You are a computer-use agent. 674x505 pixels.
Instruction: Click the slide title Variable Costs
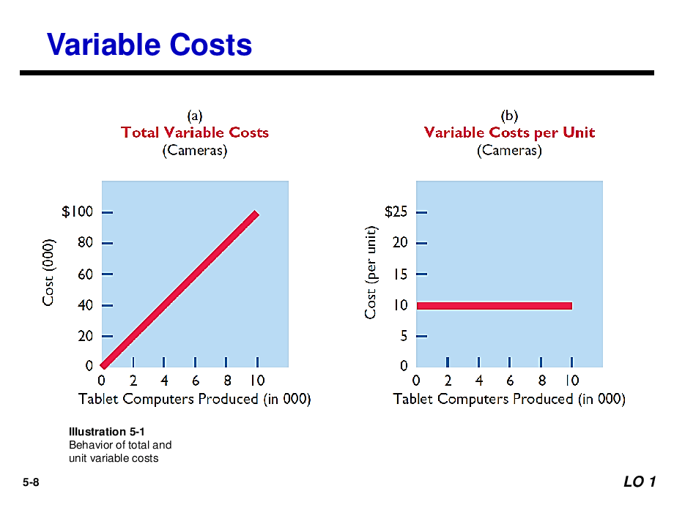149,45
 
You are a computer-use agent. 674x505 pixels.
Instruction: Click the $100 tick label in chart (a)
78,212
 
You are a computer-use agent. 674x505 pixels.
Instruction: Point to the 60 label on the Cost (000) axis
85,274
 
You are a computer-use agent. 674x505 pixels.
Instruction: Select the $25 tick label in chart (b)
396,212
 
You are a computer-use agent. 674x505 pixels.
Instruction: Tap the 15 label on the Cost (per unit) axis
400,274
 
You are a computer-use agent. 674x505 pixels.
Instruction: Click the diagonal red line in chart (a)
179,290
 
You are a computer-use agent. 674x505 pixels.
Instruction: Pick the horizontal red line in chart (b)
495,306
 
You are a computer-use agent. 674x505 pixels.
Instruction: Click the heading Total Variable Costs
195,132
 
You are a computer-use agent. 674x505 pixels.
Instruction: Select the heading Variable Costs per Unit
509,132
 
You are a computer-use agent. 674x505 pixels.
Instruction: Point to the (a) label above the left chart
195,116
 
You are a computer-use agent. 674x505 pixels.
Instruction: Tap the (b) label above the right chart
509,116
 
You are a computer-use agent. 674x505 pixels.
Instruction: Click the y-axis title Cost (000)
48,272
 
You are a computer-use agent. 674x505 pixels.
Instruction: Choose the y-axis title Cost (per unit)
370,272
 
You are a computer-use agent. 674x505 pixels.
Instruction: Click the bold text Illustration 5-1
107,432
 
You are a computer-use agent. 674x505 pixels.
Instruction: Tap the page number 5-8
31,482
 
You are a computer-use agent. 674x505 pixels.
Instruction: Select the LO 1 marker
640,482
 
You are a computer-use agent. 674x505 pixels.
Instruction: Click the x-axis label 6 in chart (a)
196,381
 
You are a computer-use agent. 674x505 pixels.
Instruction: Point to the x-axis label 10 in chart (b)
571,381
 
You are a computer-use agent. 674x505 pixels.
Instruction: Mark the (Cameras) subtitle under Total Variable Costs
195,151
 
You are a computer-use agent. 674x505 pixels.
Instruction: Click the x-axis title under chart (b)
509,399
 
